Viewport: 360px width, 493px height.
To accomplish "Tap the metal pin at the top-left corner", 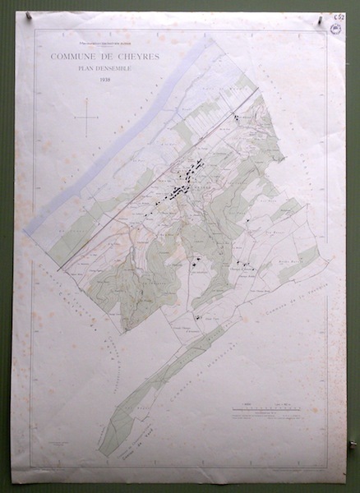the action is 28,15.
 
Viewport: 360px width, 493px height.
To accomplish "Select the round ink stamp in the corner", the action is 335,28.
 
